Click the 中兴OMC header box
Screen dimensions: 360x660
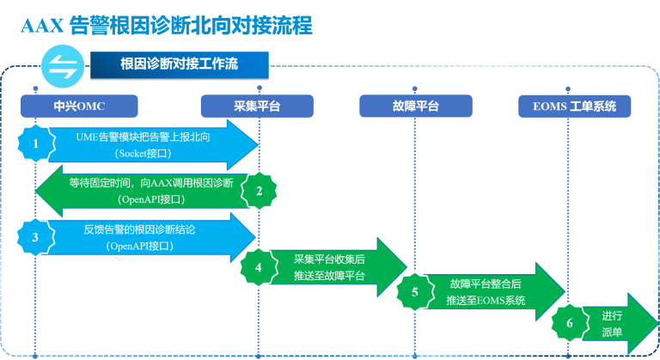click(x=79, y=107)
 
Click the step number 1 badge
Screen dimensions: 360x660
click(x=35, y=143)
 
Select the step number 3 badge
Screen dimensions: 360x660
click(x=35, y=237)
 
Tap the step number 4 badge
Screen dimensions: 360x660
click(x=258, y=266)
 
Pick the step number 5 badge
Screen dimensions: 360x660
click(x=415, y=292)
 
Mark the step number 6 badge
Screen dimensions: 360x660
click(x=569, y=323)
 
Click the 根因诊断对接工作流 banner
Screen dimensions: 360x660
click(x=179, y=64)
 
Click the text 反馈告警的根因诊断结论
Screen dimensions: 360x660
click(x=141, y=229)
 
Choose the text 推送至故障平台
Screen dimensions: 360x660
click(x=329, y=275)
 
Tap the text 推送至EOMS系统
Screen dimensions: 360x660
click(x=486, y=300)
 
